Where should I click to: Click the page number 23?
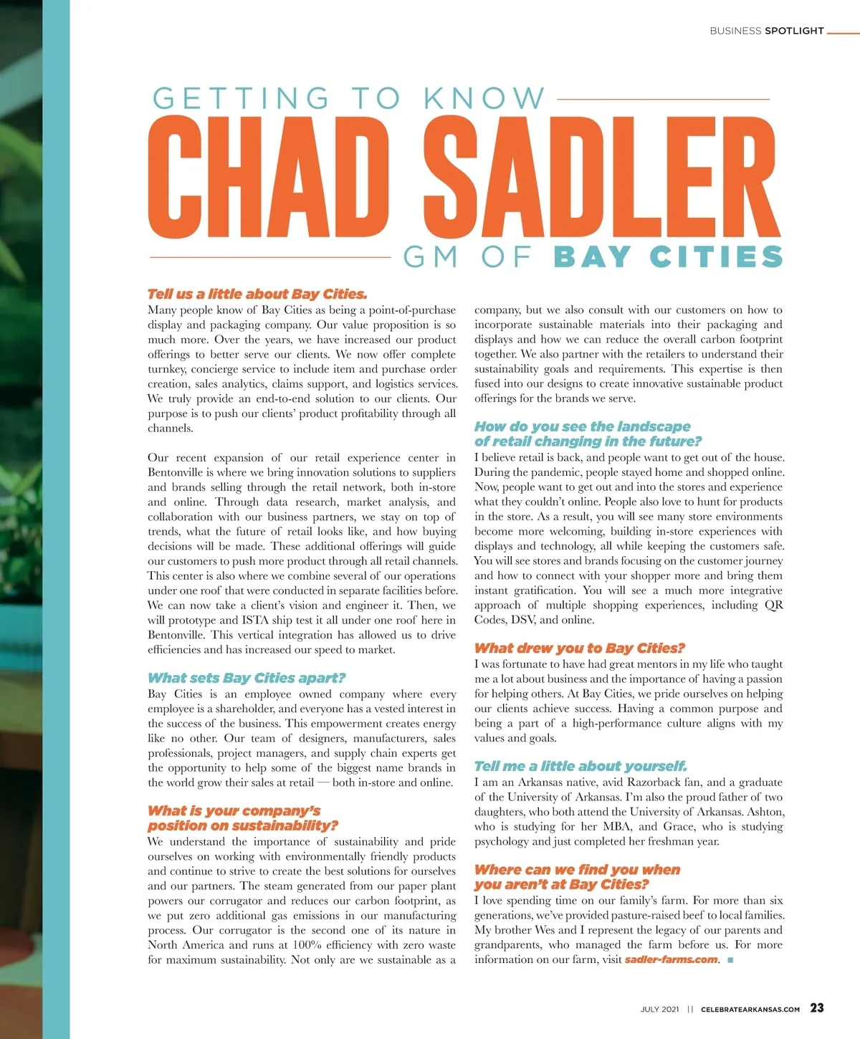(816, 1008)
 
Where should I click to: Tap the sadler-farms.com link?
(671, 960)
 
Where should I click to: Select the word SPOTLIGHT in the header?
(794, 31)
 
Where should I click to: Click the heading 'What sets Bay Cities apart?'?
(247, 678)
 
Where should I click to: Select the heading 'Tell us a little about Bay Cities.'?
(257, 294)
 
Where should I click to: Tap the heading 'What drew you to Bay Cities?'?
(580, 648)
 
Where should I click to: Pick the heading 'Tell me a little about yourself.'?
(580, 766)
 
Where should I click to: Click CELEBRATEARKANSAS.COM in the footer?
(750, 1010)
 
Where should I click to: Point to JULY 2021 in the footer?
(659, 1010)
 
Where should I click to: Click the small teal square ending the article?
(730, 960)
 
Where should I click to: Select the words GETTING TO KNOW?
(349, 99)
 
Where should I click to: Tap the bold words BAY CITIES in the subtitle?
(668, 257)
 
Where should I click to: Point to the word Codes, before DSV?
(490, 621)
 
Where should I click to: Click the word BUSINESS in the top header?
(735, 31)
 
